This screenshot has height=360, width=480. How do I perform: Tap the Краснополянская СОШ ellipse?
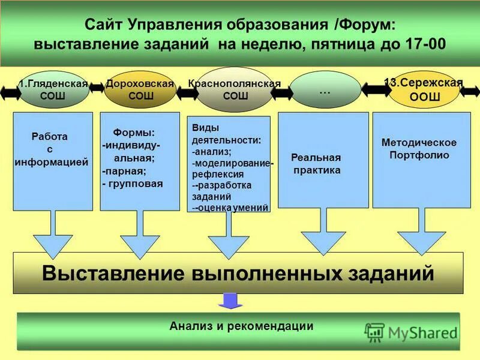pos(235,90)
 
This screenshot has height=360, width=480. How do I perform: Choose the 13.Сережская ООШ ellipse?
pos(424,90)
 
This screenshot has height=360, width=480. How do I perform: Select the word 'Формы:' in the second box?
pos(134,132)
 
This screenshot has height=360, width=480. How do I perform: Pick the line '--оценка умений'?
pos(231,208)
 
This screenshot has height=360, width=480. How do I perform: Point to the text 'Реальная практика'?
pos(316,164)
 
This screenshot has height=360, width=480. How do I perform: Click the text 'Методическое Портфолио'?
pos(419,148)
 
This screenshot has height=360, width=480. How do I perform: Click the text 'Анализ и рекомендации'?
pos(241,326)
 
